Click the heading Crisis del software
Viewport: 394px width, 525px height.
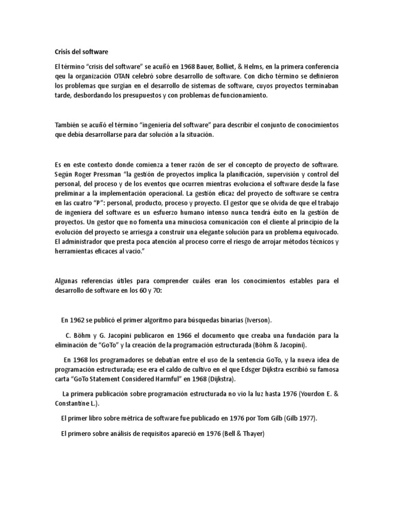pos(82,52)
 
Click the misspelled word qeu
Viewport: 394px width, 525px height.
pos(61,77)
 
